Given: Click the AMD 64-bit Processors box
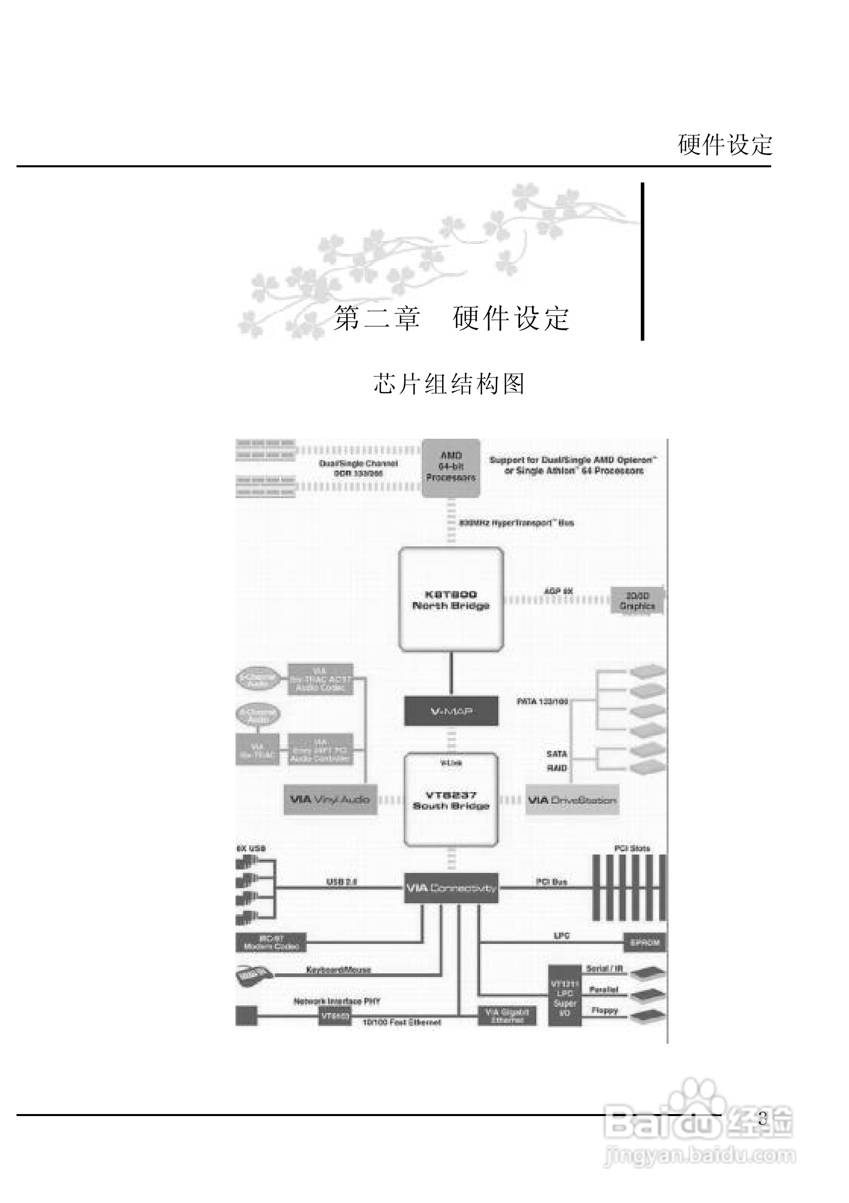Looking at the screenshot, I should click(x=451, y=467).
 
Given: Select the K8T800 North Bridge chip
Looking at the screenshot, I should click(x=451, y=599).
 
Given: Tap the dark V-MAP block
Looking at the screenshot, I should click(x=451, y=711).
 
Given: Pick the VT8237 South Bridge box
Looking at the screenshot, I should click(x=451, y=800).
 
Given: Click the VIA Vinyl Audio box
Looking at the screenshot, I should click(x=330, y=800).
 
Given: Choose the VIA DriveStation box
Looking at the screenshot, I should click(x=572, y=800).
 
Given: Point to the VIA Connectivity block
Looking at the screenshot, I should click(x=451, y=888).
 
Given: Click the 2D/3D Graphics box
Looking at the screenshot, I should click(x=637, y=600).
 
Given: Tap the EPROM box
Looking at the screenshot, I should click(x=645, y=943).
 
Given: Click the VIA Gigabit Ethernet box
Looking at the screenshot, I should click(x=506, y=1016).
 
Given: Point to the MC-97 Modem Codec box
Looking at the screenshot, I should click(x=271, y=943).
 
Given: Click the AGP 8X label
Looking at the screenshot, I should click(x=558, y=591).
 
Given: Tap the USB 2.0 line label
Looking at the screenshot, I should click(x=342, y=882).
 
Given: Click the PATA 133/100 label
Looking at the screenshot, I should click(x=542, y=702).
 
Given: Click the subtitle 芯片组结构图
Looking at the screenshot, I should click(x=449, y=384).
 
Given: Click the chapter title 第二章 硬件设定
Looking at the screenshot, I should click(x=451, y=318).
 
